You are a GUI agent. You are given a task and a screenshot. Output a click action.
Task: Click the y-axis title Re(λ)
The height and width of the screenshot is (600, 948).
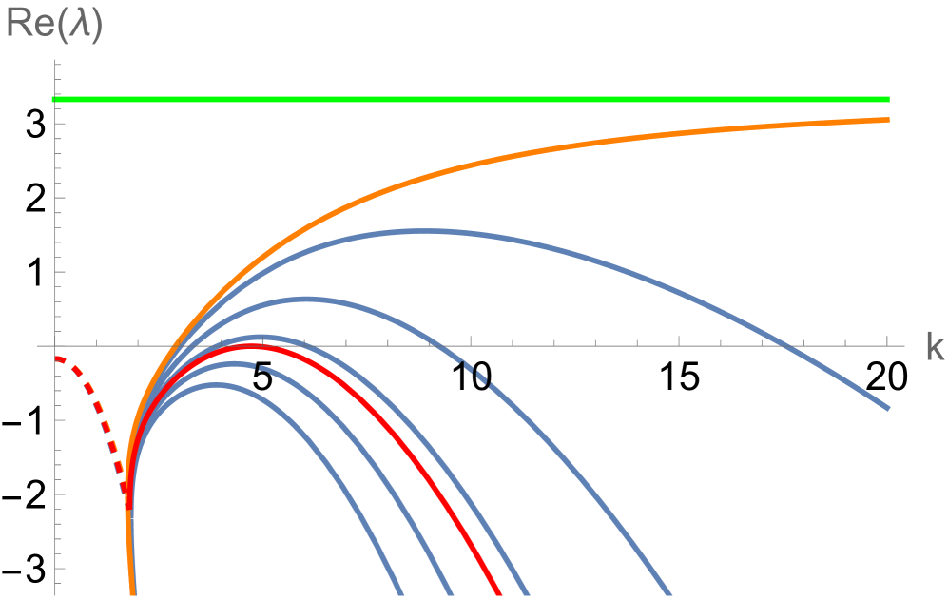(x=54, y=24)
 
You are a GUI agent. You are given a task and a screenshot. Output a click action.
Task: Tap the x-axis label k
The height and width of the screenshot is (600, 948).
(x=934, y=348)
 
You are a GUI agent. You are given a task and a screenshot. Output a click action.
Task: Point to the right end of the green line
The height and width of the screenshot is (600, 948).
(x=888, y=99)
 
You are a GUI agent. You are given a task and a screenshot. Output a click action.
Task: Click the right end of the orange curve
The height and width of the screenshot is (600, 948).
(x=888, y=119)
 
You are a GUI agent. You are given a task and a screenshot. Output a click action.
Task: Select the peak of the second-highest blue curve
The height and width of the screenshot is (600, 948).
(x=304, y=299)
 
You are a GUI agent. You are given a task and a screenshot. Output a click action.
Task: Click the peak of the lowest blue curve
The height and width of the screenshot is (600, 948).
(x=218, y=385)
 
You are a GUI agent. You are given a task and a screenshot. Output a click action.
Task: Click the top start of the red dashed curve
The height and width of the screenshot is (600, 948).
(x=58, y=358)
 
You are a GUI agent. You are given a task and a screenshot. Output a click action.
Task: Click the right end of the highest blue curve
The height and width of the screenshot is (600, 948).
(x=888, y=409)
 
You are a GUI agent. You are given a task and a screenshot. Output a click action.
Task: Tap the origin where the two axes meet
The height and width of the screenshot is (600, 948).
(x=56, y=346)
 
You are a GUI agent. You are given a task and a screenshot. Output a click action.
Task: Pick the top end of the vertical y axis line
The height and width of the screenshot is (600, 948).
(x=56, y=60)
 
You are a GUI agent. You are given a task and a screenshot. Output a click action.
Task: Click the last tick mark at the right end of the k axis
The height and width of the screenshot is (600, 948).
(x=887, y=342)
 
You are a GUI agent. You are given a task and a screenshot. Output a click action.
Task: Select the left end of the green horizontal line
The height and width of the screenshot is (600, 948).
(x=53, y=99)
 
